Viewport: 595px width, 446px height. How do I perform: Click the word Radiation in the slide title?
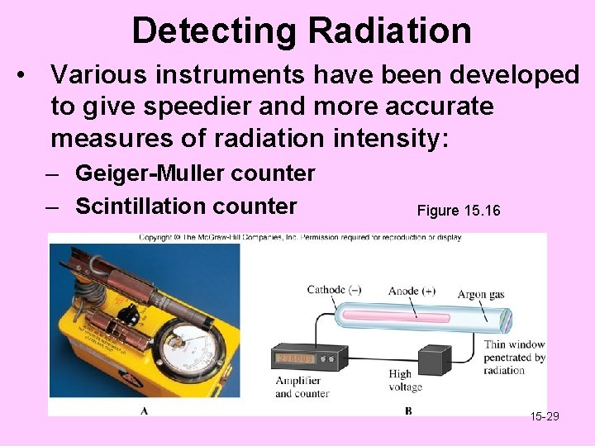pyautogui.click(x=389, y=31)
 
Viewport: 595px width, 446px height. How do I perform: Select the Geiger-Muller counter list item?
pyautogui.click(x=195, y=173)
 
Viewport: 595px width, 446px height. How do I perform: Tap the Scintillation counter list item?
pyautogui.click(x=186, y=206)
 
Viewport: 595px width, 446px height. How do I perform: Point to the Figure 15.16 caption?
pyautogui.click(x=459, y=211)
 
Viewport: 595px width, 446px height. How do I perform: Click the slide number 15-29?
pyautogui.click(x=545, y=415)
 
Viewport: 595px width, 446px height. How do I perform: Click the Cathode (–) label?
pyautogui.click(x=334, y=290)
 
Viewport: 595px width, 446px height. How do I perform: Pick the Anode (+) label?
pyautogui.click(x=412, y=290)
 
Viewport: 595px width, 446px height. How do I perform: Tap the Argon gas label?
pyautogui.click(x=481, y=295)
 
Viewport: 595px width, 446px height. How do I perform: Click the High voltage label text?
pyautogui.click(x=405, y=381)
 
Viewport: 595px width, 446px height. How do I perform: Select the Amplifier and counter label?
pyautogui.click(x=302, y=387)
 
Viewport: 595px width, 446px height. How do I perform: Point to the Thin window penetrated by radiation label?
pyautogui.click(x=514, y=358)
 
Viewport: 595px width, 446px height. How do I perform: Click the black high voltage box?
pyautogui.click(x=433, y=360)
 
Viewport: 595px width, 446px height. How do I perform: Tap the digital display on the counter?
pyautogui.click(x=296, y=358)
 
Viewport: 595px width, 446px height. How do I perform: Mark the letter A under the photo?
pyautogui.click(x=145, y=410)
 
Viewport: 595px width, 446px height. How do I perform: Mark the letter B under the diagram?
pyautogui.click(x=408, y=410)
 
